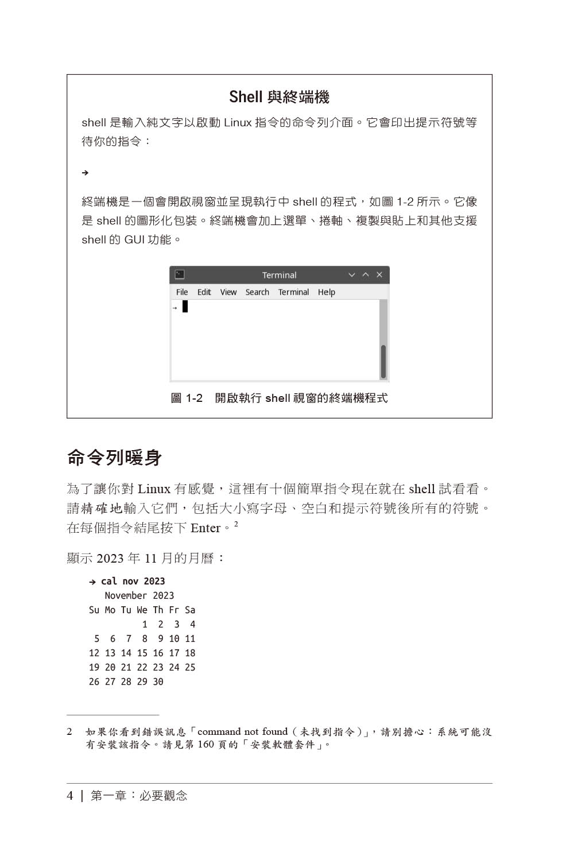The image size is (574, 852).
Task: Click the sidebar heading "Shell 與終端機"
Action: (x=279, y=97)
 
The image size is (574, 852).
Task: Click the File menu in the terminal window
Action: (x=182, y=292)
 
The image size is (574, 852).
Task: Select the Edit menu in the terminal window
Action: (x=204, y=292)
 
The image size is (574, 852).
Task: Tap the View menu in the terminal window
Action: (x=228, y=292)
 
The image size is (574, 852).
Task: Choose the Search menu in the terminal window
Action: (x=257, y=292)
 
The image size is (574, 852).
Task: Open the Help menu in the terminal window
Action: (x=326, y=292)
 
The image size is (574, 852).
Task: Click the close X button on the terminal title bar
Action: (x=379, y=275)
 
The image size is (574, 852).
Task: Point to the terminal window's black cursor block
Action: (x=185, y=307)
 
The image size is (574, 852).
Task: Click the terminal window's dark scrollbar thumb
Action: (x=383, y=361)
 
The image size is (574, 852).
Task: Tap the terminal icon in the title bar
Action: (x=180, y=275)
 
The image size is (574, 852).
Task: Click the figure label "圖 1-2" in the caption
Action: (x=187, y=398)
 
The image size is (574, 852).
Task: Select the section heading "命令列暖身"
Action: (x=114, y=458)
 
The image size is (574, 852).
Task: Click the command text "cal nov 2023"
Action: (x=133, y=582)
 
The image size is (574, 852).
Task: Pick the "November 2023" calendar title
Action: (x=139, y=596)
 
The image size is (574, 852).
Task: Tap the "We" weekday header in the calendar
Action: (x=142, y=610)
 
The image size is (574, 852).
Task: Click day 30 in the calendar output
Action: (x=158, y=682)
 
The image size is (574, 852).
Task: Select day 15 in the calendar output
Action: (x=142, y=653)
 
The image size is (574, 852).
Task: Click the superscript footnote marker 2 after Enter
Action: (x=236, y=524)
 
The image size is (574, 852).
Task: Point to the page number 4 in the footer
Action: (x=70, y=796)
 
